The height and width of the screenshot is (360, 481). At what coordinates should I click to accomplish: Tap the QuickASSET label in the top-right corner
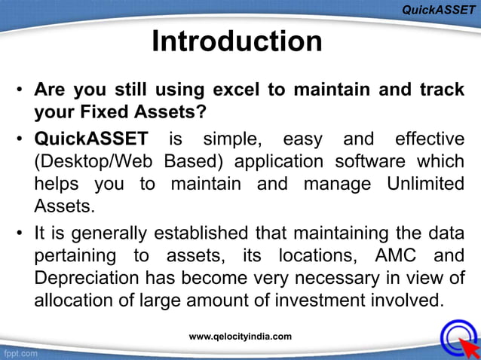(438, 10)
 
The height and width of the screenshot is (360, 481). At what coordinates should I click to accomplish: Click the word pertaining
(74, 255)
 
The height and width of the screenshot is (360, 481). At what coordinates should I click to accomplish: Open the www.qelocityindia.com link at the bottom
(240, 336)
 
